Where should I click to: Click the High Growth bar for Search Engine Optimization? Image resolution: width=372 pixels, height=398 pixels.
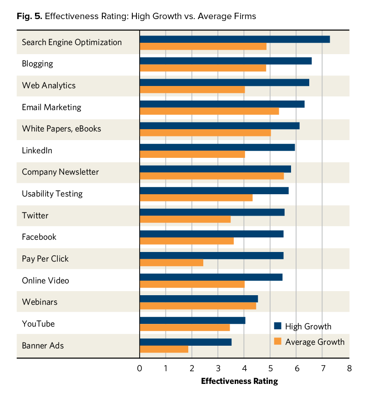pyautogui.click(x=234, y=39)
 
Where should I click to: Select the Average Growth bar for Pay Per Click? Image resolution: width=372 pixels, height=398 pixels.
pyautogui.click(x=171, y=263)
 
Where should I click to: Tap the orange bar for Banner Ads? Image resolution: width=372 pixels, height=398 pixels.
pyautogui.click(x=164, y=349)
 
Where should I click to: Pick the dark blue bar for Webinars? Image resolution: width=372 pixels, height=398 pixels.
pyautogui.click(x=198, y=298)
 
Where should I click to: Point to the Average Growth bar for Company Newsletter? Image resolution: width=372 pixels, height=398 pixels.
pyautogui.click(x=211, y=176)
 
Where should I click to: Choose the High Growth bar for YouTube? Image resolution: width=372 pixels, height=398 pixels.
pyautogui.click(x=192, y=320)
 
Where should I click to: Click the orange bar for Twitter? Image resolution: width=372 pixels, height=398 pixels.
pyautogui.click(x=185, y=219)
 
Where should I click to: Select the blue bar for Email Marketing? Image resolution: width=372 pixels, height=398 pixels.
pyautogui.click(x=221, y=104)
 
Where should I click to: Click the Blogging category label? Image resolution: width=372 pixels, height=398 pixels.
pyautogui.click(x=37, y=64)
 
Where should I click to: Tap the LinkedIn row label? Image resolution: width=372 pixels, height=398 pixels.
pyautogui.click(x=37, y=151)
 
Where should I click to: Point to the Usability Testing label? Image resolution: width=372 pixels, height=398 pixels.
pyautogui.click(x=52, y=194)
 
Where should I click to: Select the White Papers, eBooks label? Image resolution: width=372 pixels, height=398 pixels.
pyautogui.click(x=61, y=129)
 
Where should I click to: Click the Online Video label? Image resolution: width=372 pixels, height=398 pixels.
pyautogui.click(x=45, y=281)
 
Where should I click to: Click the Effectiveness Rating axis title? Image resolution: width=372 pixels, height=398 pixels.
pyautogui.click(x=239, y=381)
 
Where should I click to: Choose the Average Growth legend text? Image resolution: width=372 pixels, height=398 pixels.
pyautogui.click(x=315, y=342)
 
